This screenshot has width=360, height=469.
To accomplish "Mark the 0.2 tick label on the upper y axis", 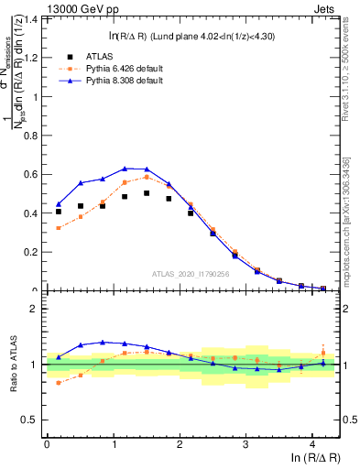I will click(34, 253).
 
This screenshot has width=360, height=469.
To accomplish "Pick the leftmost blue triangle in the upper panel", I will click(59, 203).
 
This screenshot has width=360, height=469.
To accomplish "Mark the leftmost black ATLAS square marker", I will click(59, 212).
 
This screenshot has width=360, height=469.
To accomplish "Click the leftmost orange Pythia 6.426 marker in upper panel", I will click(59, 228).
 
